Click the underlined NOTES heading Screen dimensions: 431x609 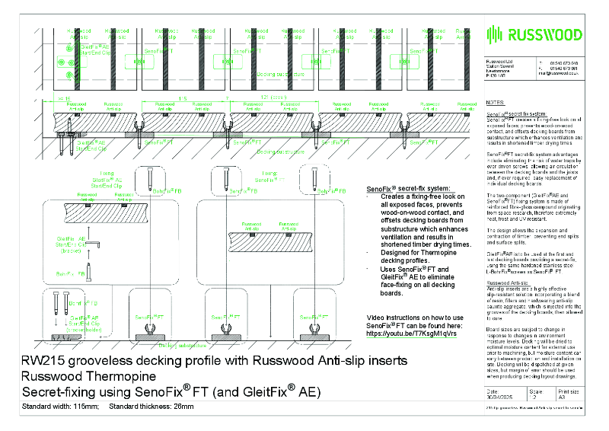[494, 102]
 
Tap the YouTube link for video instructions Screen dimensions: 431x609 [410, 334]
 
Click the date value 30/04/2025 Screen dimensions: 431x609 [500, 397]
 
